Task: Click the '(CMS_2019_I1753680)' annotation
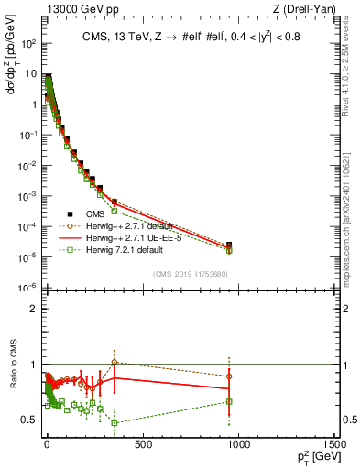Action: click(191, 274)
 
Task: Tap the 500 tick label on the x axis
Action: click(142, 445)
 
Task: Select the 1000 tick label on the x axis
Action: click(237, 445)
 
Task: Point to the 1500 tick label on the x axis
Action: click(334, 445)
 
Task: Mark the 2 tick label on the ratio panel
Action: click(34, 309)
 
